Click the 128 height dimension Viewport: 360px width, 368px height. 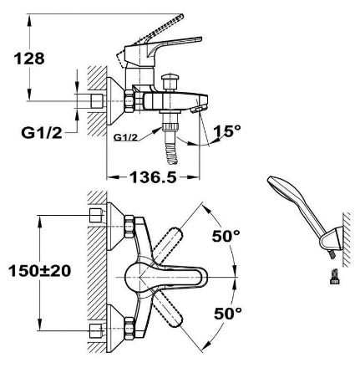[29, 59]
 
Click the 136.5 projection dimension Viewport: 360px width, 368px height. [154, 177]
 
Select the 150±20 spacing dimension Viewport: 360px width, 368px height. [39, 271]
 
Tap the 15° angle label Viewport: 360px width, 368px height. [228, 131]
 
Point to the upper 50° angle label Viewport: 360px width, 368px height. [226, 237]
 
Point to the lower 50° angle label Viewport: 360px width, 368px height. [228, 314]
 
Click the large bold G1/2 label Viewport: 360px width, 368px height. [42, 133]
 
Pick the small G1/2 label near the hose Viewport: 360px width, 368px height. [126, 137]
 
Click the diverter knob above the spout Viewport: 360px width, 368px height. [170, 81]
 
